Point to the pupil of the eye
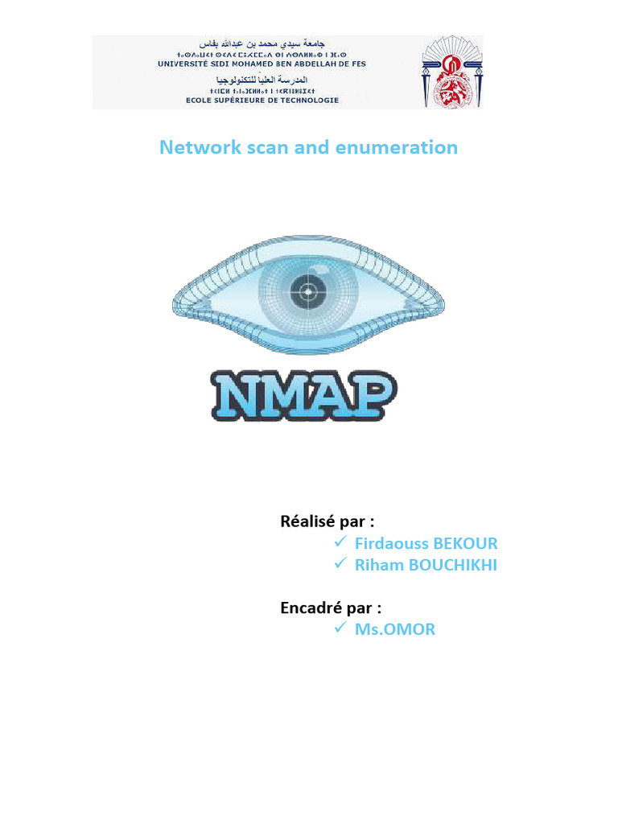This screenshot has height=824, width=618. pos(307,286)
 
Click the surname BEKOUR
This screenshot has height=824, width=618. pos(466,544)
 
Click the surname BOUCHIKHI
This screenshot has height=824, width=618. pos(453,566)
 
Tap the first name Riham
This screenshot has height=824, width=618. pos(380,566)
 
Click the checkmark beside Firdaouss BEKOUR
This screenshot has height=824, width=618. pos(340,542)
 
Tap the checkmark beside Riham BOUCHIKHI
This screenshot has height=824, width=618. pos(340,564)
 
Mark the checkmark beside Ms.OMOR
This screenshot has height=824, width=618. pos(340,628)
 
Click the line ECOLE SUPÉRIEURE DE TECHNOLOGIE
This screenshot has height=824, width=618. pos(262,101)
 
